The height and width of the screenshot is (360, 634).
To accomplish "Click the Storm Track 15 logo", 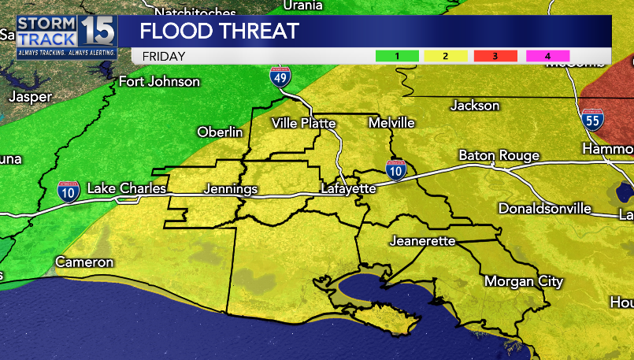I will click(x=66, y=37).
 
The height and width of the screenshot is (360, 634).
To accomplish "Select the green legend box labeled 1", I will click(x=398, y=56).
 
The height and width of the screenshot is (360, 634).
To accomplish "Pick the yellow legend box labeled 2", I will click(x=447, y=56).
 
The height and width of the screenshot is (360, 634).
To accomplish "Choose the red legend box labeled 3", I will click(x=495, y=56).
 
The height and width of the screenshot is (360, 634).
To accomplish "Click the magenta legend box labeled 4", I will click(x=546, y=56).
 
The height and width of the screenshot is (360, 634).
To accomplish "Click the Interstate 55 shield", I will click(x=593, y=120).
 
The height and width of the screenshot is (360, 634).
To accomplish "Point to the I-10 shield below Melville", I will click(x=396, y=169).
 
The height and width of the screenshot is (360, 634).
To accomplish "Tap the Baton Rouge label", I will click(x=499, y=155).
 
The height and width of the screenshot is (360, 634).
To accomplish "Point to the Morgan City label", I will click(x=523, y=281).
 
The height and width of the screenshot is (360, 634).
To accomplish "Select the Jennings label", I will click(x=230, y=189).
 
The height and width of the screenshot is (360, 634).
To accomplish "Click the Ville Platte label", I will click(x=303, y=123).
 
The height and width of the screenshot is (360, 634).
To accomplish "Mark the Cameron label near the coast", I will click(x=84, y=262).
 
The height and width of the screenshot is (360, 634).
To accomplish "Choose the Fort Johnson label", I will click(x=158, y=81).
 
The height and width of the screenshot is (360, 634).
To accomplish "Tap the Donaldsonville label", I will click(x=544, y=209).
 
